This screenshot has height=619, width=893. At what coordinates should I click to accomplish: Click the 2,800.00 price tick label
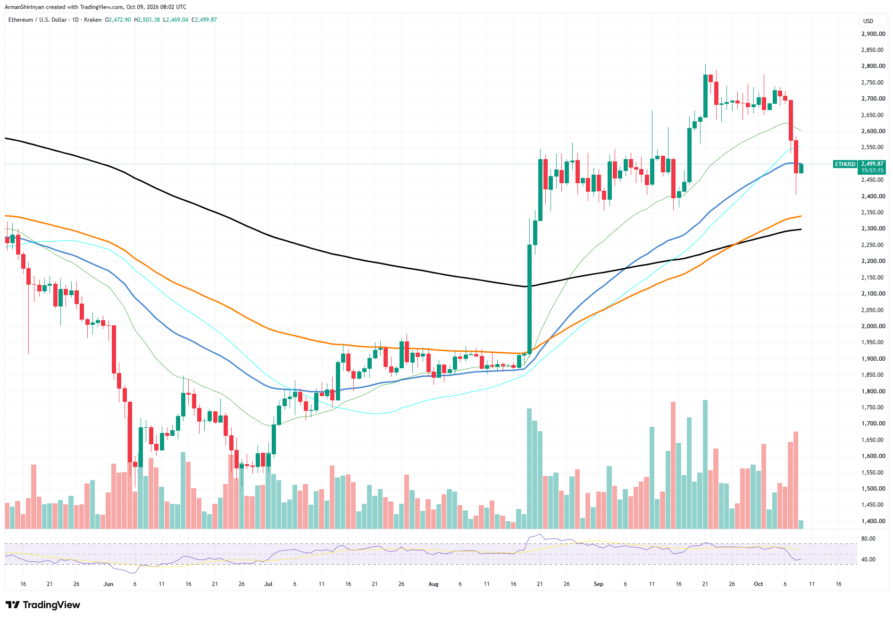(x=873, y=66)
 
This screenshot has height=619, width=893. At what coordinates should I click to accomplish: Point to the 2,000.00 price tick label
(x=873, y=326)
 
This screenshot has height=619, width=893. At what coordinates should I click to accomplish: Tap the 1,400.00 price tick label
(x=873, y=521)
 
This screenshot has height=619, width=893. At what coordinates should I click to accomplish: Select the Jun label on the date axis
(x=108, y=584)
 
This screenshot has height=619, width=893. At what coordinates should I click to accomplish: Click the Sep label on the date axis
(x=598, y=584)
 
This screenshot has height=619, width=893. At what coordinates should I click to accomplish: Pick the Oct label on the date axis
(x=758, y=584)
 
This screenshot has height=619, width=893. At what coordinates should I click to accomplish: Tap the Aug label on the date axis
(x=434, y=584)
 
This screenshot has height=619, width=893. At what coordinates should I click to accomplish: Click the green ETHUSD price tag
(x=845, y=164)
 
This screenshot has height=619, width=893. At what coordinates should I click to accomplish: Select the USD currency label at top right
(x=868, y=21)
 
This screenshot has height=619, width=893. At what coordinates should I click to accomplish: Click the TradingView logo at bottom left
(x=43, y=605)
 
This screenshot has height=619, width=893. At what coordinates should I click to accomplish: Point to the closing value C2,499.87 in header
(x=204, y=20)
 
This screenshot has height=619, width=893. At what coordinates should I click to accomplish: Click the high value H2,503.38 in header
(x=147, y=20)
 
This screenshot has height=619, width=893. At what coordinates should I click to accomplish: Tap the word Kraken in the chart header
(x=93, y=20)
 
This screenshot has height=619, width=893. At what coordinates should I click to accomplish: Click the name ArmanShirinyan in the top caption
(x=25, y=7)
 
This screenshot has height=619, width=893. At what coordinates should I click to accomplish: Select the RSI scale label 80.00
(x=868, y=539)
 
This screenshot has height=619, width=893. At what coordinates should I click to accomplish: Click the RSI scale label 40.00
(x=868, y=560)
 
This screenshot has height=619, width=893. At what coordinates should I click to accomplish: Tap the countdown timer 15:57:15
(x=872, y=170)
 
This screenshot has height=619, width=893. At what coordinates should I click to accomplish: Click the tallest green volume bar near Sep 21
(x=705, y=464)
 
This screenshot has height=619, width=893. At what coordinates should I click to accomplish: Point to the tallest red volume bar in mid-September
(x=673, y=465)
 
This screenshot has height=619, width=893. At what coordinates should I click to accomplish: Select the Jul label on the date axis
(x=268, y=584)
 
